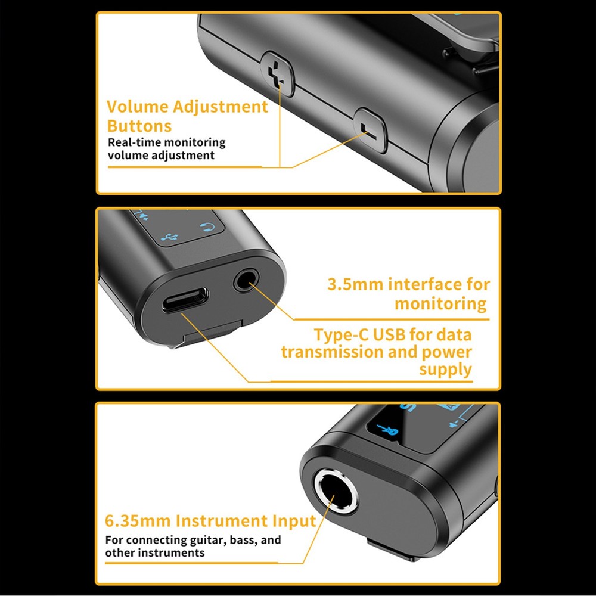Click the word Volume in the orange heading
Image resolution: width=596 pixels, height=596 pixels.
click(137, 107)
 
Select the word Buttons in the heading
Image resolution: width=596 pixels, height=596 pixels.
click(139, 126)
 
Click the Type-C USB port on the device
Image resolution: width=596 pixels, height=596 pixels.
click(185, 300)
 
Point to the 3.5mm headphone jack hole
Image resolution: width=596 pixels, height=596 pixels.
click(246, 282)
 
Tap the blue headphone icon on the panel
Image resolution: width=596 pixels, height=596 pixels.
click(207, 227)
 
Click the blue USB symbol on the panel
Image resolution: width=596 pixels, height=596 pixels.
click(169, 237)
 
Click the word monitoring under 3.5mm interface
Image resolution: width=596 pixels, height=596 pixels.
click(440, 304)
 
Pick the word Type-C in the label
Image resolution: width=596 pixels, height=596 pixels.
click(342, 335)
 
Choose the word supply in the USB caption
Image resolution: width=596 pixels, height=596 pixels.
click(445, 370)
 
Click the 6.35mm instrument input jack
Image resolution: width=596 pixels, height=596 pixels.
click(336, 491)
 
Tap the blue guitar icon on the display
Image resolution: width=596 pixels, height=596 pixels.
click(387, 430)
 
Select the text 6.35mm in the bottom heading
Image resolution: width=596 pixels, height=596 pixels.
click(138, 521)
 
